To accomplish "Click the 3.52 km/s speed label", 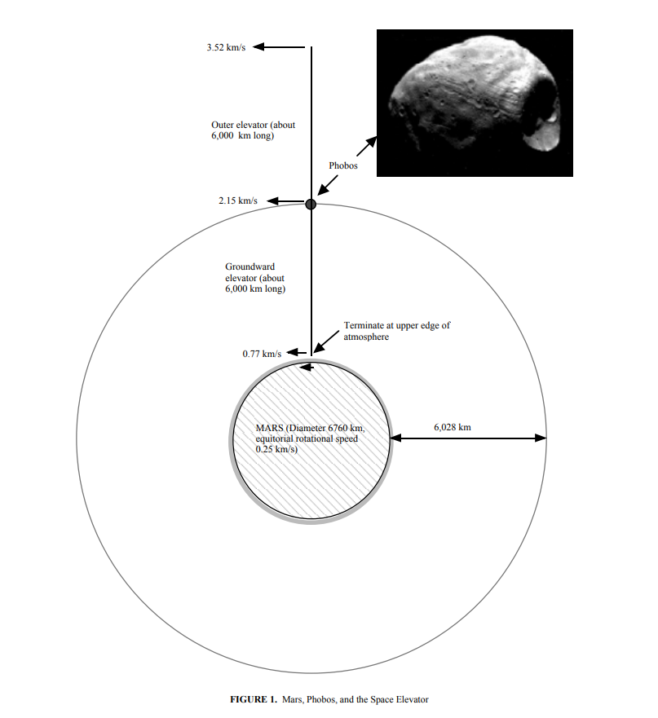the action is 226,47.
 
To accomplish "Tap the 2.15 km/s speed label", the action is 238,200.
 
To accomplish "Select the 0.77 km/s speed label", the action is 262,354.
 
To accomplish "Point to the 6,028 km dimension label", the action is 453,427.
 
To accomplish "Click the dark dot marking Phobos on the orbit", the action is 311,204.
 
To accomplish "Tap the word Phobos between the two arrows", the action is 343,165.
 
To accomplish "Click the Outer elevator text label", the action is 253,130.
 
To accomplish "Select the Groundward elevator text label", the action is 255,277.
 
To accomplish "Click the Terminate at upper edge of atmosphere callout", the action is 397,331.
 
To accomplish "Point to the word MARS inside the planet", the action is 269,428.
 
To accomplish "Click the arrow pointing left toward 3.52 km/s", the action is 279,46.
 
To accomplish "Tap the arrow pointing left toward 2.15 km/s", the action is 285,200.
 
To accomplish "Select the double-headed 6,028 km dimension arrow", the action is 468,438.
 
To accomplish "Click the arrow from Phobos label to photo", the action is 367,147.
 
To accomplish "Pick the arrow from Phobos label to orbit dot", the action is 328,185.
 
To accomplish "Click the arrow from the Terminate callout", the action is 326,341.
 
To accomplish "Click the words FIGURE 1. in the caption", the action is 254,699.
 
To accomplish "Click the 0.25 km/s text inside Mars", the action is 276,449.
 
